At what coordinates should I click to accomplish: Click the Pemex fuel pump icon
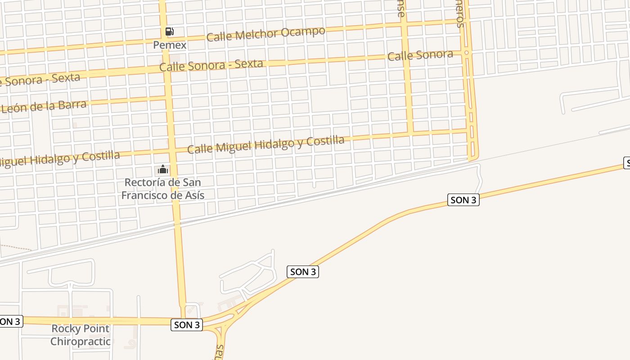[x=169, y=31]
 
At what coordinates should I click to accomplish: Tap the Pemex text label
[x=170, y=45]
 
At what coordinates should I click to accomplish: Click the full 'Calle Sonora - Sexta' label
[x=211, y=65]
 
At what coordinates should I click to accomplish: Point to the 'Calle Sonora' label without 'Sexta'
[x=420, y=55]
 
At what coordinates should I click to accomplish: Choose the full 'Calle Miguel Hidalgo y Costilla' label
[x=265, y=144]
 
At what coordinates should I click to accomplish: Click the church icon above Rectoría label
[x=163, y=170]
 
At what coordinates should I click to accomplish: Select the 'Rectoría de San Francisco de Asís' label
[x=163, y=189]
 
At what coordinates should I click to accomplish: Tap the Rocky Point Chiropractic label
[x=81, y=335]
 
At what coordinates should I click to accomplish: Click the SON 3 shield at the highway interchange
[x=187, y=325]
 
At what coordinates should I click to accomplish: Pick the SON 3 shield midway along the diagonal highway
[x=303, y=272]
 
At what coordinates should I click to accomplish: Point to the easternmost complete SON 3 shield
[x=463, y=200]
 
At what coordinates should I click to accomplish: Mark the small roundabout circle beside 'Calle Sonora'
[x=467, y=53]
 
